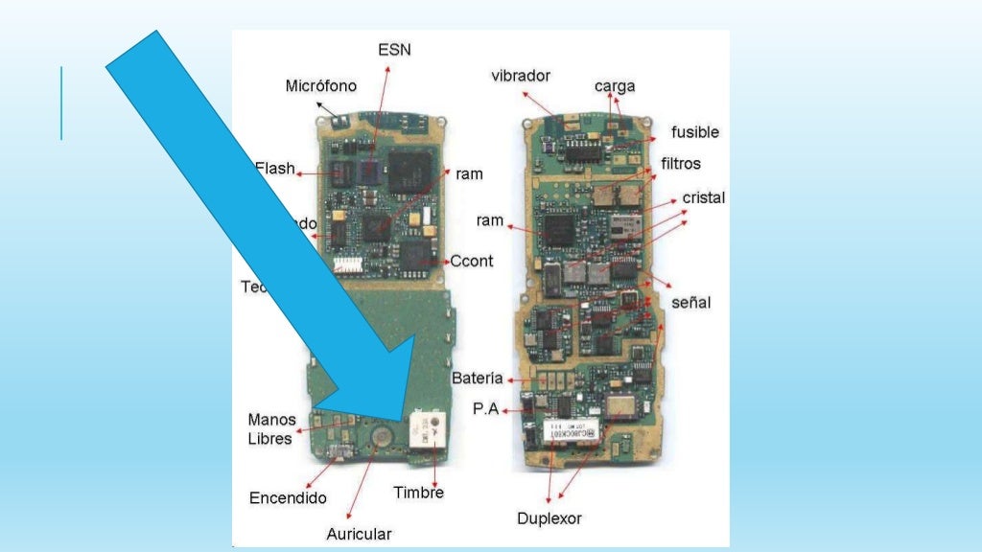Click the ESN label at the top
tap(394, 49)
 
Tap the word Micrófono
tap(320, 86)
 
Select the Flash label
tap(276, 169)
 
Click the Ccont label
tap(472, 261)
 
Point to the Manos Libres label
tap(271, 429)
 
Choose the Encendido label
tap(288, 497)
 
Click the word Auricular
tap(359, 533)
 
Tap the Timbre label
tap(418, 493)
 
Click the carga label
tap(615, 86)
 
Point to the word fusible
tap(694, 131)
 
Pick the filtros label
tap(681, 164)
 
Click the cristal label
tap(704, 197)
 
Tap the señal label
tap(690, 302)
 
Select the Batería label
tap(477, 379)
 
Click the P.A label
tap(485, 409)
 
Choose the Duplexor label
tap(549, 518)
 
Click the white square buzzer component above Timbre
tap(427, 428)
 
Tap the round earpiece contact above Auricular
tap(381, 434)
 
